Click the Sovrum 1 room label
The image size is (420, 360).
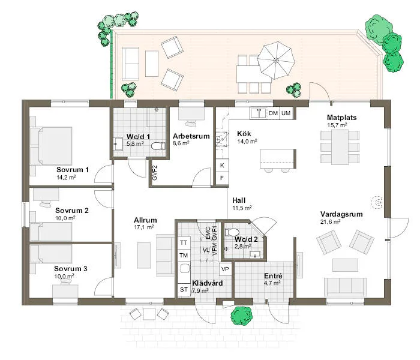[x=73, y=170]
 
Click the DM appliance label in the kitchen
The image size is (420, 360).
[x=273, y=113]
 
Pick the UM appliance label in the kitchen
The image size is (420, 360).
[x=286, y=113]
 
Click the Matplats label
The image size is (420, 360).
[x=342, y=117]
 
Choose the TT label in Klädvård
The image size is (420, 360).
[x=184, y=243]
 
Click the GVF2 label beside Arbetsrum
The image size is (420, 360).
[x=154, y=173]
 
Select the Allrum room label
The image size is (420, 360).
[x=145, y=220]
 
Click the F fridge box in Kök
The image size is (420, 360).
[x=222, y=178]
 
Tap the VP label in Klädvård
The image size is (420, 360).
[x=225, y=269]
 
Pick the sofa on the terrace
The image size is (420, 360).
[x=132, y=60]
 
